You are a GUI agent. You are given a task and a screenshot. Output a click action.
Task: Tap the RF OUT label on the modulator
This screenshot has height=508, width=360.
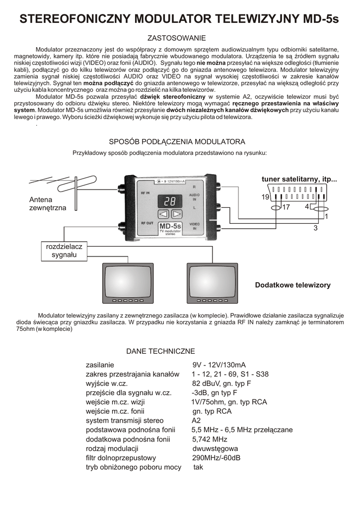(146, 223)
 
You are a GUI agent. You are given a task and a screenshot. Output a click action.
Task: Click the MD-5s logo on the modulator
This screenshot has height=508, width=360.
(170, 228)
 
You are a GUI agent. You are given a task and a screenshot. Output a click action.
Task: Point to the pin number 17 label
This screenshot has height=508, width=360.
(286, 207)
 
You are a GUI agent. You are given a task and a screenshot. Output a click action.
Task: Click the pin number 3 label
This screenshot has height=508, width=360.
(315, 228)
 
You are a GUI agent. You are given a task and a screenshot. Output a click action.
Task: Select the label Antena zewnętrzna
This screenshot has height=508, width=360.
(47, 204)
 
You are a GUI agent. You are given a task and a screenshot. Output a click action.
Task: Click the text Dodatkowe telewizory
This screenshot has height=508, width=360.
(292, 285)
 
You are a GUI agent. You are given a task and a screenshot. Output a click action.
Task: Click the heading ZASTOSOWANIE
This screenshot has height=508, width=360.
(177, 38)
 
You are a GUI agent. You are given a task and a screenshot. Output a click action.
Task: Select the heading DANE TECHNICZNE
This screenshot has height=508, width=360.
(160, 351)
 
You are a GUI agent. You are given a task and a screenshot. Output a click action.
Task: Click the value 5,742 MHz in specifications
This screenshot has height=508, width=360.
(210, 440)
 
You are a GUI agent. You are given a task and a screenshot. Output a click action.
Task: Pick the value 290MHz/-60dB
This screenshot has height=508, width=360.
(216, 458)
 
